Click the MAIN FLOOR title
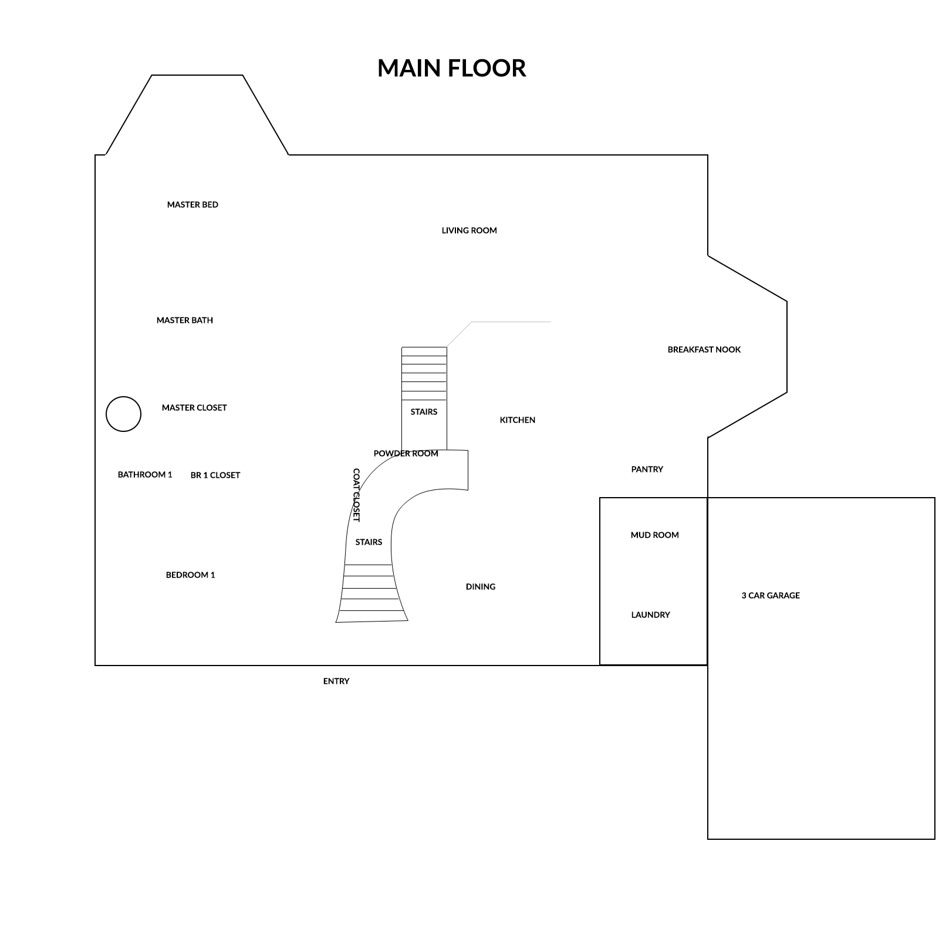pos(451,68)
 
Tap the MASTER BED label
pos(192,205)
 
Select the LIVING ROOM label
pos(469,231)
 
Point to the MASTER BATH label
pos(185,320)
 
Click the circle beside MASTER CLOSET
pos(123,397)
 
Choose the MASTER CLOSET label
pos(194,408)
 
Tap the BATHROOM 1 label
pos(145,475)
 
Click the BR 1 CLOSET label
pos(215,475)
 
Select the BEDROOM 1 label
pos(191,575)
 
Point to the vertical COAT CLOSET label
pos(356,495)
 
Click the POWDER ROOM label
pos(406,454)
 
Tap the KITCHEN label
pos(518,420)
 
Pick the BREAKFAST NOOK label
pos(704,350)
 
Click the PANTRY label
pos(647,469)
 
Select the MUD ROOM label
pos(655,535)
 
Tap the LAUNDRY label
pos(651,615)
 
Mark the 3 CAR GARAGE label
pos(771,596)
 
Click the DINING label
pos(481,587)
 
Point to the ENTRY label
pos(336,681)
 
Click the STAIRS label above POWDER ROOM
pos(424,412)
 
